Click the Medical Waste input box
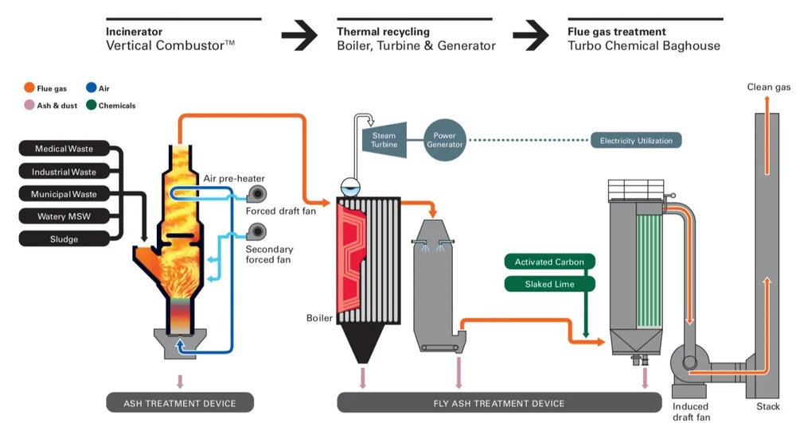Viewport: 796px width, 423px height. [x=64, y=149]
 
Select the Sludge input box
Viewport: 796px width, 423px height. [x=64, y=239]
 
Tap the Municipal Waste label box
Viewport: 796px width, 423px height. [x=64, y=194]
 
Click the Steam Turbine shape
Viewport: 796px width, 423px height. [x=384, y=140]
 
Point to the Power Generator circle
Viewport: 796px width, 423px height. [x=445, y=140]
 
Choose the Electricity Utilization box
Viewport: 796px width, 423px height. [x=636, y=141]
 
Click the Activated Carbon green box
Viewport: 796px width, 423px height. [x=549, y=262]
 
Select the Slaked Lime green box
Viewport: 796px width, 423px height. [x=549, y=284]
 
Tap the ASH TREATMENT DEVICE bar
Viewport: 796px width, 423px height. [x=180, y=403]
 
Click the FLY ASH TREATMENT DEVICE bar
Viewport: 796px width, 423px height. [x=499, y=403]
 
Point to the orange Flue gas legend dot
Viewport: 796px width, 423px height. [x=29, y=87]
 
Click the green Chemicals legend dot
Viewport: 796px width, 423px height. [x=92, y=105]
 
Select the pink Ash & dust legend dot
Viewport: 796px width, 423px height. [x=29, y=105]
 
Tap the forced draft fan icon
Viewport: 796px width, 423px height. [x=257, y=194]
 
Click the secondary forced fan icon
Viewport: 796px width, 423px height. [x=257, y=232]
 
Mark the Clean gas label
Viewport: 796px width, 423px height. [x=769, y=87]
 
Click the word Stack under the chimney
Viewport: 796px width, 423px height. [x=767, y=406]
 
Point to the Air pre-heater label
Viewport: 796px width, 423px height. [x=234, y=179]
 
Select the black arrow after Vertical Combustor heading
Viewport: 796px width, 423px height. [x=299, y=36]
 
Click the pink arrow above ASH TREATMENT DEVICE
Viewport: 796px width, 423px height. [x=180, y=382]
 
